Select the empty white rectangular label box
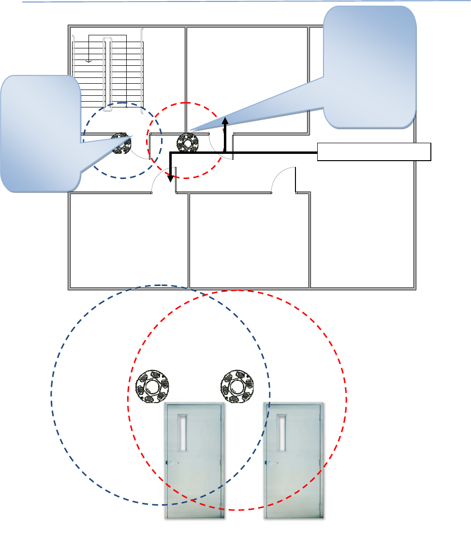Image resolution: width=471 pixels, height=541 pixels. click(374, 151)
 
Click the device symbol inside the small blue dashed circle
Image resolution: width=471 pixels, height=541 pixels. click(121, 143)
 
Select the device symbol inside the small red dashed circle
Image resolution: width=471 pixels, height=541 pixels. click(188, 143)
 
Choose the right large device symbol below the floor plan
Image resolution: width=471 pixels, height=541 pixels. click(237, 387)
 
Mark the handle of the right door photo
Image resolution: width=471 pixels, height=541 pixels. click(270, 463)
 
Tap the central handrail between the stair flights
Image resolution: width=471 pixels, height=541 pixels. click(109, 75)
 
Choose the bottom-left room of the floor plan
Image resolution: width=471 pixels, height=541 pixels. click(128, 240)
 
